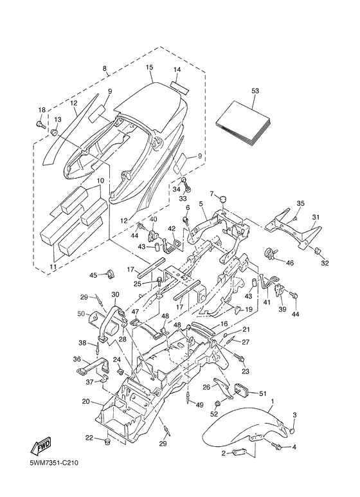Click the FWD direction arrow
click(x=40, y=446)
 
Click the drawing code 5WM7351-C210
click(x=54, y=463)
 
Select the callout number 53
click(x=255, y=91)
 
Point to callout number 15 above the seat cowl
click(x=149, y=68)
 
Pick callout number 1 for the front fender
click(x=273, y=401)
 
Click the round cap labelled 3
click(x=294, y=431)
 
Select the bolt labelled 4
click(x=276, y=446)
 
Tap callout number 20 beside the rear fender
click(x=85, y=402)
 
